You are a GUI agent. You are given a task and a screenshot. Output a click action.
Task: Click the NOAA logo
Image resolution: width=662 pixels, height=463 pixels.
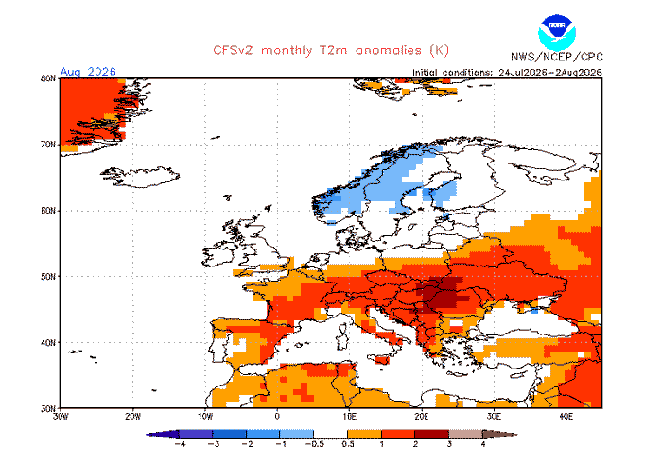point(556,33)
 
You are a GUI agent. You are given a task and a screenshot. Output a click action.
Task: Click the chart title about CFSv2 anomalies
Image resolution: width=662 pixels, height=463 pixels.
point(331,51)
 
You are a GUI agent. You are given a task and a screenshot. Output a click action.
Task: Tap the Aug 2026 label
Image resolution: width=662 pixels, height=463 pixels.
point(88,71)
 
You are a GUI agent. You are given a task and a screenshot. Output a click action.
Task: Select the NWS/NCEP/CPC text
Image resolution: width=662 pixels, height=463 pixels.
point(557,57)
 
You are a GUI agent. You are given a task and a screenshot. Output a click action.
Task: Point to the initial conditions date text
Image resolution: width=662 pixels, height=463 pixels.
point(507,73)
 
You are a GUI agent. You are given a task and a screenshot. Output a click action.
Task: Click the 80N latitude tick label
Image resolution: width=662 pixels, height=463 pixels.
point(48,78)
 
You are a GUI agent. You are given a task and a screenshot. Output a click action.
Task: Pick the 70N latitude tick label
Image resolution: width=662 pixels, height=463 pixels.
point(48,145)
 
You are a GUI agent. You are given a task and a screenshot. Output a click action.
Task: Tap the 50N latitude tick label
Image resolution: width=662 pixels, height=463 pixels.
point(48,277)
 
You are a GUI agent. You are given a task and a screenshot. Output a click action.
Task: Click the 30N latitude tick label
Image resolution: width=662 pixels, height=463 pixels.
point(48,408)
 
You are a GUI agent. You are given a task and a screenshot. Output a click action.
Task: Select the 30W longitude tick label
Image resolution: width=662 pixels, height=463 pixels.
point(61,416)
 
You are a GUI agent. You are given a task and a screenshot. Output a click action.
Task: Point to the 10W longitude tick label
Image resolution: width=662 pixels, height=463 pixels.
point(205,416)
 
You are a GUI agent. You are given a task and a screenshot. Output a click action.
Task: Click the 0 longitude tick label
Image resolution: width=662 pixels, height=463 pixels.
point(277,416)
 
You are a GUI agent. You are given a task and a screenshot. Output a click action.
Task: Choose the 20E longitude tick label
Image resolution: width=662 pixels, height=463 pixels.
point(422,416)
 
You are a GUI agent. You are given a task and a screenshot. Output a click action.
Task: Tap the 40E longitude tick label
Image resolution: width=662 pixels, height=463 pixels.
point(566,416)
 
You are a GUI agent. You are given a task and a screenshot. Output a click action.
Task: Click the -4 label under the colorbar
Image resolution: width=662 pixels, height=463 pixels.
point(180,444)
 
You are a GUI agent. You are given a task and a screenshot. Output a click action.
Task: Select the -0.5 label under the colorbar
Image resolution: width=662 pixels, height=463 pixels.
point(314,444)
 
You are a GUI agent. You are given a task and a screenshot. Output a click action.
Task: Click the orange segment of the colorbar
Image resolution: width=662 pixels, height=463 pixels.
point(364,435)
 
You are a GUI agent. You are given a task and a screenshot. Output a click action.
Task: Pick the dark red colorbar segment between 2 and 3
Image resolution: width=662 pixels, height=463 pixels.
point(432,435)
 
